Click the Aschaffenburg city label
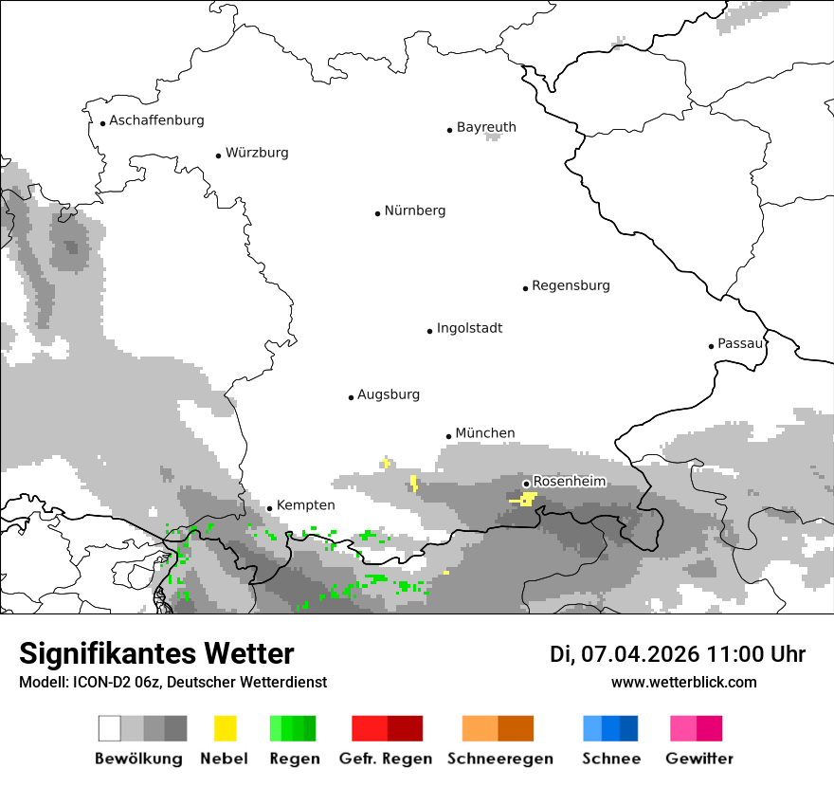click(156, 120)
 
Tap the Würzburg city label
click(257, 153)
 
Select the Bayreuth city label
click(486, 127)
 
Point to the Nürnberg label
click(414, 210)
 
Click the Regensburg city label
click(571, 285)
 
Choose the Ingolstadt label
click(469, 328)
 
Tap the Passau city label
click(740, 343)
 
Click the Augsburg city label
click(388, 394)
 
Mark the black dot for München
click(449, 436)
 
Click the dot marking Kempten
click(269, 508)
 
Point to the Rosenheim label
click(569, 482)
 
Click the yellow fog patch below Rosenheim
click(525, 499)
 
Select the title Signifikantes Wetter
click(156, 653)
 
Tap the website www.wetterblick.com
click(683, 682)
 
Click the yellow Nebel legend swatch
click(225, 728)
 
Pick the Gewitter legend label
click(698, 759)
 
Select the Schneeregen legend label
click(500, 759)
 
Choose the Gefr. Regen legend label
click(386, 759)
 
